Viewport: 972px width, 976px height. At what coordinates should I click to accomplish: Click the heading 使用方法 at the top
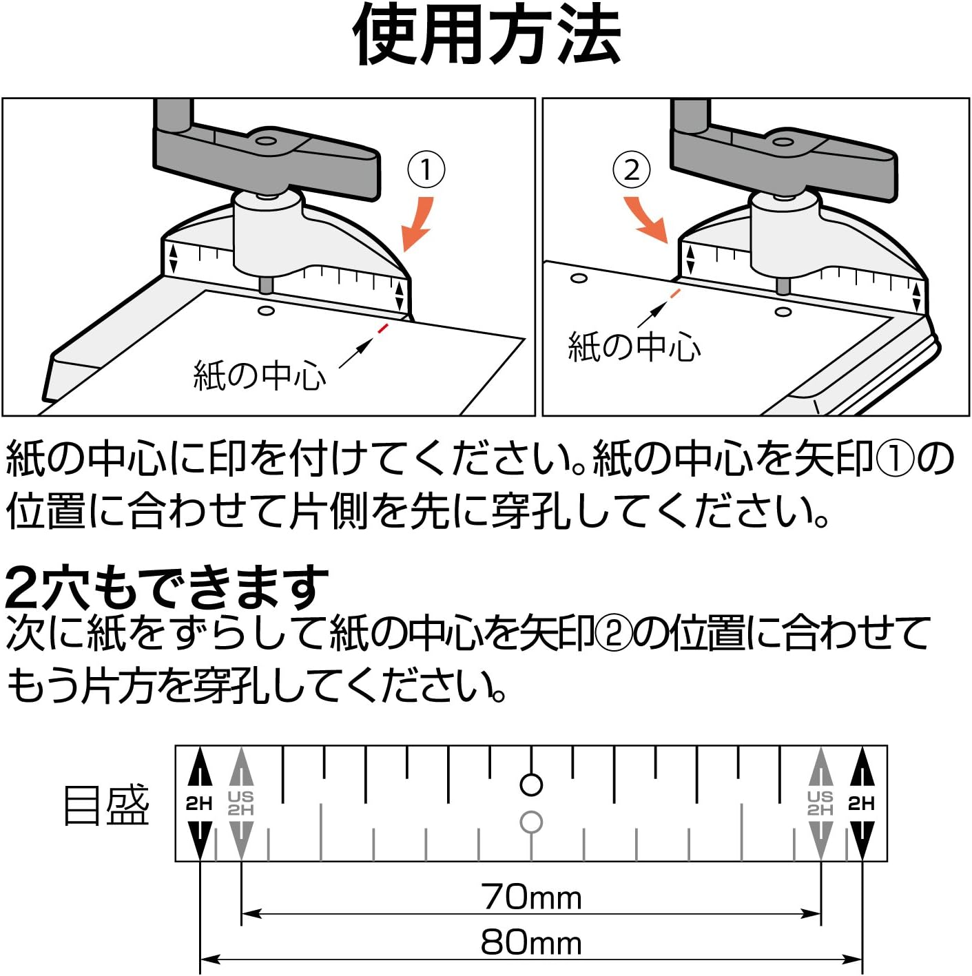click(486, 34)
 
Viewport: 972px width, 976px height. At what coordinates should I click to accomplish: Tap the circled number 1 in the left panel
click(426, 169)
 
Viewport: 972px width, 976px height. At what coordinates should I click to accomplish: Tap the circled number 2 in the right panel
click(631, 169)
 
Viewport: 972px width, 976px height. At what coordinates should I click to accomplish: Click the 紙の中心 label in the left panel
click(260, 375)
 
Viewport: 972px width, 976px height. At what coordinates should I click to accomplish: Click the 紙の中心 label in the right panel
click(634, 346)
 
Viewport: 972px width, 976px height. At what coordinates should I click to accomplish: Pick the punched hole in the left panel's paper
click(265, 311)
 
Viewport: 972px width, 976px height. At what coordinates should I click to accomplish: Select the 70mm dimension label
click(531, 897)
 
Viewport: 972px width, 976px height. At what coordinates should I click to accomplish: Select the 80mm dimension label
click(531, 942)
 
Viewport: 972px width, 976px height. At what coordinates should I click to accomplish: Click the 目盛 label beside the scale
click(106, 805)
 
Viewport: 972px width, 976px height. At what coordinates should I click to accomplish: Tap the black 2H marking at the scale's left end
click(199, 803)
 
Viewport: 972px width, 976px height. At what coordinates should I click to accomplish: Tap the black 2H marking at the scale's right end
click(861, 803)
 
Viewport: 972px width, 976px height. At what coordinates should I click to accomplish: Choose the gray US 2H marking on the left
click(240, 803)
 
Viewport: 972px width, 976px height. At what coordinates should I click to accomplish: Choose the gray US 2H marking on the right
click(820, 803)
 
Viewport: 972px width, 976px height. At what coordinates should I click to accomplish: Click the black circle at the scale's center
click(531, 785)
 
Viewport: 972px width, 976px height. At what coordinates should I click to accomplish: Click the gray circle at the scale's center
click(531, 822)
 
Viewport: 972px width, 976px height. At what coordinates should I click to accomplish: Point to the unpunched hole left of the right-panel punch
click(579, 278)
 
